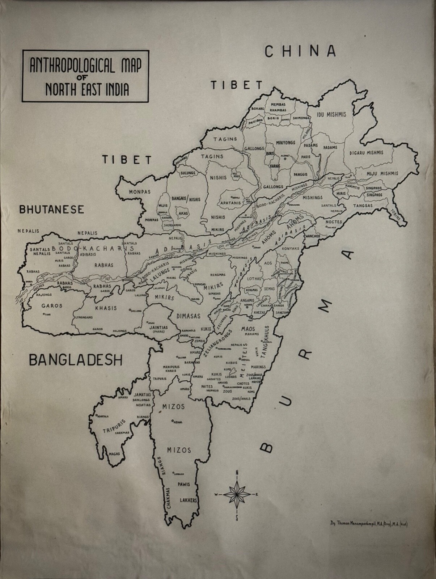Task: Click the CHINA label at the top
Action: point(300,51)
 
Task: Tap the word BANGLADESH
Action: point(76,360)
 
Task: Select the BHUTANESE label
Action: point(52,209)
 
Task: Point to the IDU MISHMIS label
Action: point(331,114)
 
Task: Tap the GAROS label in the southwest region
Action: point(52,305)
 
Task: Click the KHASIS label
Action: point(106,308)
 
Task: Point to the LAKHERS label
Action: point(188,500)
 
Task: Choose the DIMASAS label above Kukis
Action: point(188,316)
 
